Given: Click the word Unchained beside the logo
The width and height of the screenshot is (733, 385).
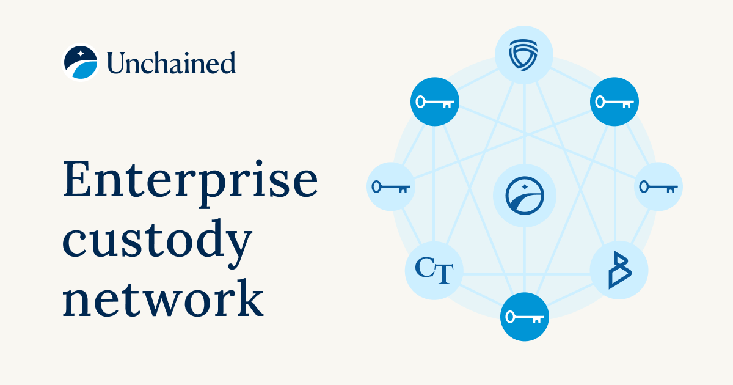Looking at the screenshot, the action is click(x=171, y=63).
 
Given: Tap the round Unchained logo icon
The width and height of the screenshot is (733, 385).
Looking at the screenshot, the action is click(x=81, y=62).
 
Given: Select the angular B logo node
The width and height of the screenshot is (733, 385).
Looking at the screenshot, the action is click(x=618, y=269).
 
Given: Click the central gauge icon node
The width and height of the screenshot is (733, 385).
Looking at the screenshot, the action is click(x=524, y=195).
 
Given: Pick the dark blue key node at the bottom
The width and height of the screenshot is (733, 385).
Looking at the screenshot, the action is click(x=524, y=317).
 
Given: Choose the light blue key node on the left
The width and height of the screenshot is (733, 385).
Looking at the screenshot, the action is click(x=391, y=186).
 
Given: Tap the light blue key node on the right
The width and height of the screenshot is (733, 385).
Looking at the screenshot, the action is click(x=658, y=186).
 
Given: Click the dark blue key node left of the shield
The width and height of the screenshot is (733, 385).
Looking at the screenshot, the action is click(x=434, y=101).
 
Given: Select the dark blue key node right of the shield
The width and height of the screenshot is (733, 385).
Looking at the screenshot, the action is click(x=614, y=101).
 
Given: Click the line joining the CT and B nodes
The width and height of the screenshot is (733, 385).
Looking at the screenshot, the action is click(x=525, y=274).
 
